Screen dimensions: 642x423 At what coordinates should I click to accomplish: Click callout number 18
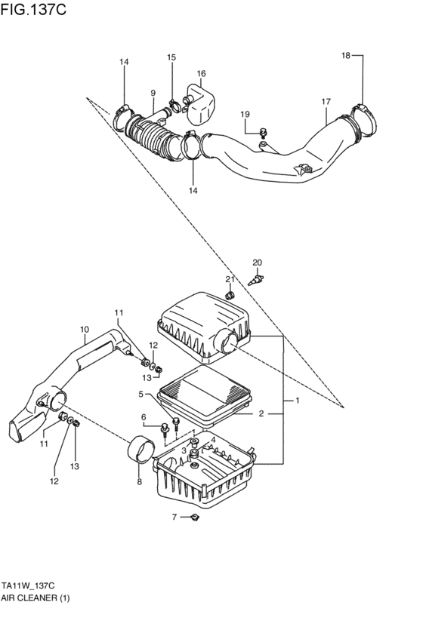point(346,55)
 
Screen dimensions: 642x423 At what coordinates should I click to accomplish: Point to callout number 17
point(326,101)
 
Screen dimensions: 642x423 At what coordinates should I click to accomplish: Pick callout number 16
point(201,74)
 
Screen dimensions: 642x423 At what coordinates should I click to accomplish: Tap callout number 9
point(153,94)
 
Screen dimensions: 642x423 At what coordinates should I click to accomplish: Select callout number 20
point(257,262)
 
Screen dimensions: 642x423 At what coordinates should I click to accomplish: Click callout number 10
point(84,329)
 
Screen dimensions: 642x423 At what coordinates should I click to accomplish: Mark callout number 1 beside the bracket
point(297,401)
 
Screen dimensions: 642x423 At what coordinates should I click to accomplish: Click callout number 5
point(140,393)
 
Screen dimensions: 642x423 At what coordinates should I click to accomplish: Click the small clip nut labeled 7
point(194,517)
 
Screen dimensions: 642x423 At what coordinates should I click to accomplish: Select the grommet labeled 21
point(233,293)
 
